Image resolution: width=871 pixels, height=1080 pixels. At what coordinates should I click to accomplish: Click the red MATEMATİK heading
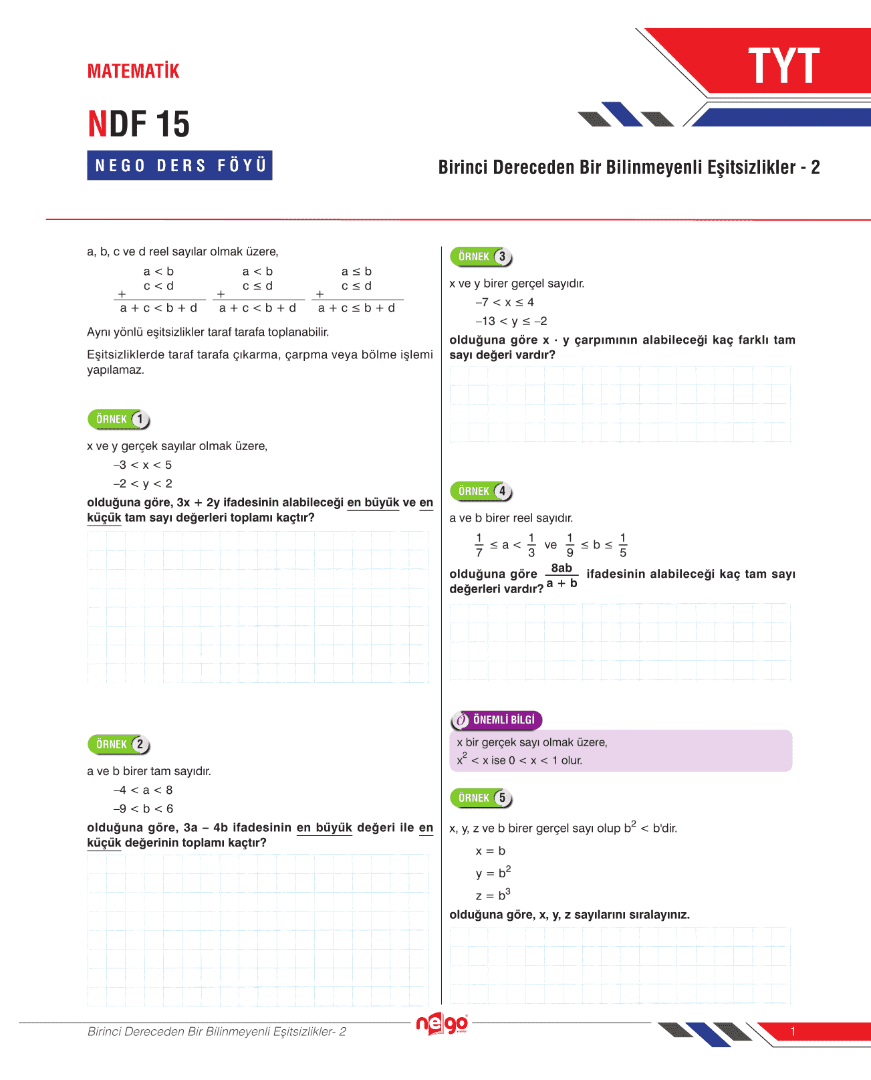point(133,71)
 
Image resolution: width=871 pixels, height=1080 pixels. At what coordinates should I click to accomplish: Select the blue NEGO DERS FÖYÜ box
point(180,165)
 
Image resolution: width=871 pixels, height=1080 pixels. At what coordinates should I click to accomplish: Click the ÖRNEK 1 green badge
point(119,419)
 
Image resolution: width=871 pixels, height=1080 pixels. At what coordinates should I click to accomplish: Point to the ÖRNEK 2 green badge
point(119,744)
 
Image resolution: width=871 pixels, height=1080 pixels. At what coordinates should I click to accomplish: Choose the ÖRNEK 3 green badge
point(481,257)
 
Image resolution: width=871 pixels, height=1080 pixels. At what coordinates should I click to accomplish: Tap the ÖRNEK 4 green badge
point(481,491)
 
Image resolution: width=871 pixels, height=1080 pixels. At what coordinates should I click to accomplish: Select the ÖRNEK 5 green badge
point(481,798)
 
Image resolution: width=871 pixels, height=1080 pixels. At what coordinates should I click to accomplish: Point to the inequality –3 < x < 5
point(142,465)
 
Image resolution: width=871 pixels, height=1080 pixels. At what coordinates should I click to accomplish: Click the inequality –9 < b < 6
point(143,808)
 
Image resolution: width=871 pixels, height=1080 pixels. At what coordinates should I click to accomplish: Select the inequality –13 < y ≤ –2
point(511,321)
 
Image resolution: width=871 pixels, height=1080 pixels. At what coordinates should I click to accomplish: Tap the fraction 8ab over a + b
point(562,576)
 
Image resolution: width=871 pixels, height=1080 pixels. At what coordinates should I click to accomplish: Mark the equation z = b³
point(493,895)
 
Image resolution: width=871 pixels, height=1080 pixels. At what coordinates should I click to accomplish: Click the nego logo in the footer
point(442,1024)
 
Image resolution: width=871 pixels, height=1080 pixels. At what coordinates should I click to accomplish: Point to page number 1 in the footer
point(793,1031)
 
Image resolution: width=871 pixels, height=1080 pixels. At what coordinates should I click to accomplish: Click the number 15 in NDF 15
point(172,124)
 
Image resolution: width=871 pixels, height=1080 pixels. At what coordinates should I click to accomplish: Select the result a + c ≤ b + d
point(356,308)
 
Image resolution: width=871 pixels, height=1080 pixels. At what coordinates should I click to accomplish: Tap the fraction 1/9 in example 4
point(570,545)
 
